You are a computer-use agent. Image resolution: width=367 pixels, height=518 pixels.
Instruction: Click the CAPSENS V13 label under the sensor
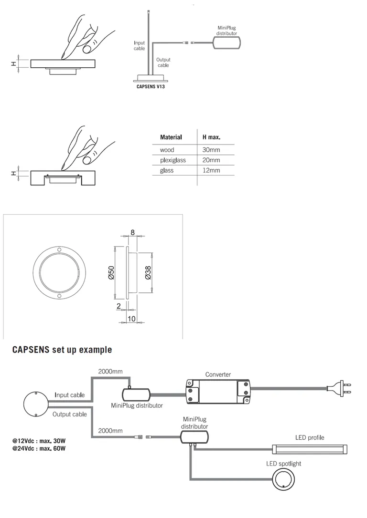coord(151,87)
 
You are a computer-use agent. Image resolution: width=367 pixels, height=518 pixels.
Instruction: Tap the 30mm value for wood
coord(211,150)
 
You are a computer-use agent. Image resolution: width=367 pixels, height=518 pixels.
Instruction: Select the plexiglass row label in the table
coord(173,160)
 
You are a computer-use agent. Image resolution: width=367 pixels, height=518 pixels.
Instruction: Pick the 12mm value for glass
coord(211,170)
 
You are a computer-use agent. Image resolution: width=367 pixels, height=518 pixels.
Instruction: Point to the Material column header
coord(171,137)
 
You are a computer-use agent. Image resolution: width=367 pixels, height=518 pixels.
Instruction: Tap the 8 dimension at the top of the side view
coord(132,233)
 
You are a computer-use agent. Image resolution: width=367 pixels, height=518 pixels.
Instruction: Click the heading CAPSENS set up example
coord(62,350)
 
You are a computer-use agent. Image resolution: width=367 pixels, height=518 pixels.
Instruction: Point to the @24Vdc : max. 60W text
coord(39,448)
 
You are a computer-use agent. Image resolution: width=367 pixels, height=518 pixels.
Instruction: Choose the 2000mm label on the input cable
coord(110,371)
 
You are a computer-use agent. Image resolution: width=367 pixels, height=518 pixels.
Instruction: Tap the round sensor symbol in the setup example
coord(36,404)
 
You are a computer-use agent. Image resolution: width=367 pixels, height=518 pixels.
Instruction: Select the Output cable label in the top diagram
coord(163,62)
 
